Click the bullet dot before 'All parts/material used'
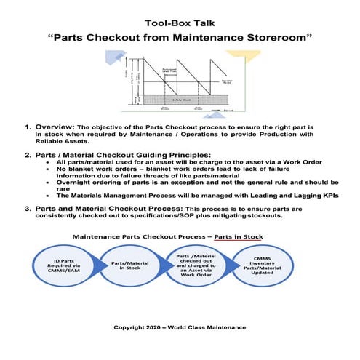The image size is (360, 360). tap(47, 163)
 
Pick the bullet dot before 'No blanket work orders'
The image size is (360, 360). tap(47, 170)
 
